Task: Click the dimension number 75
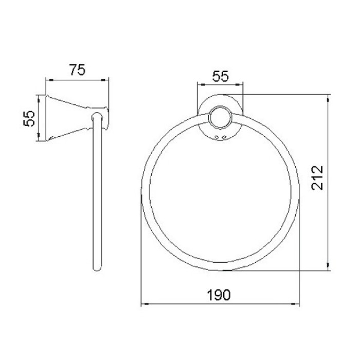coord(77,70)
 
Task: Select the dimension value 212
coord(317,178)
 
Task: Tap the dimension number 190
coord(219,295)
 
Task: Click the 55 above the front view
coord(221,76)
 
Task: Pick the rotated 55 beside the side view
coord(29,118)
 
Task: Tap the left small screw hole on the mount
coord(217,137)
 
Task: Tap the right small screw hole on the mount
coord(224,137)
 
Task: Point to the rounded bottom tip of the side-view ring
coord(97,269)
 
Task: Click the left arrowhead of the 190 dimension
coord(145,304)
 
